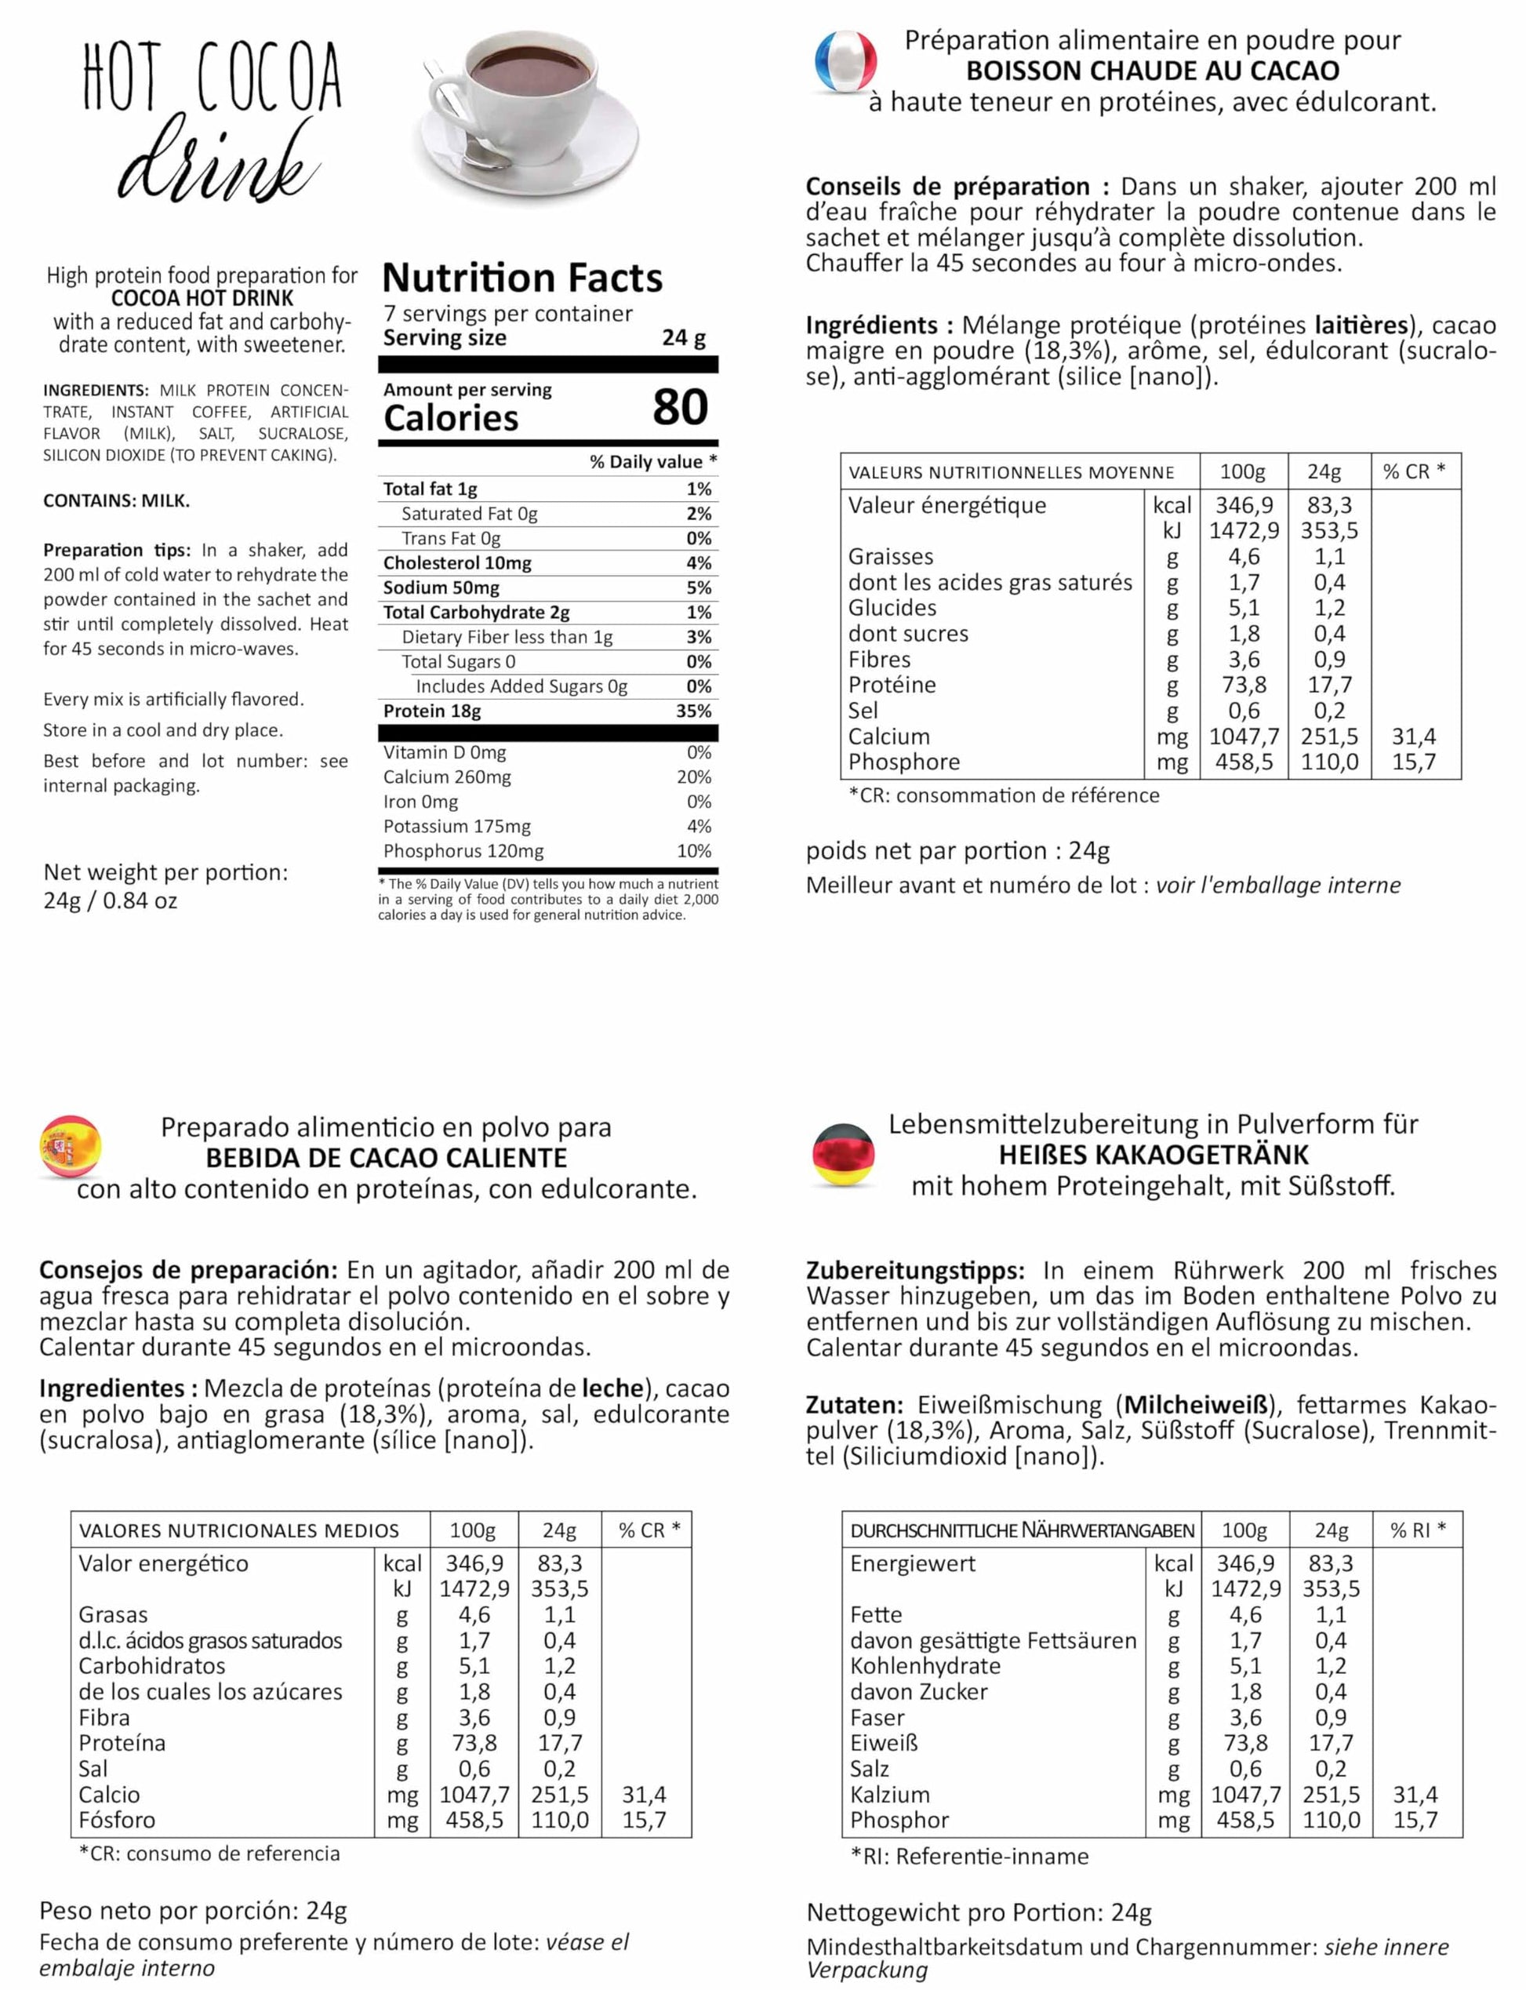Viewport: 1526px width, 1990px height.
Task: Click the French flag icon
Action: coord(845,62)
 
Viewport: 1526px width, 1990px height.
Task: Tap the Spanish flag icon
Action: coord(70,1147)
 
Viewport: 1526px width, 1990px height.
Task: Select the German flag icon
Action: coord(845,1153)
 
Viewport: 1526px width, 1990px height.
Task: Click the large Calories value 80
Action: coord(679,407)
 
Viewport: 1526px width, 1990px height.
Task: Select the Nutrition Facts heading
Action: coord(522,278)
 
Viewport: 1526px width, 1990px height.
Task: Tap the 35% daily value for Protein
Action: coord(693,711)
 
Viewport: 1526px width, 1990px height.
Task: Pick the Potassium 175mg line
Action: coord(456,826)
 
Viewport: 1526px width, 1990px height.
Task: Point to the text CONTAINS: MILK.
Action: coord(116,500)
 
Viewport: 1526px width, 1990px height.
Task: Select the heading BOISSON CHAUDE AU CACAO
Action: coord(1153,71)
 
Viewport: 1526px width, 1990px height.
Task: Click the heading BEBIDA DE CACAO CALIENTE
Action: coord(386,1159)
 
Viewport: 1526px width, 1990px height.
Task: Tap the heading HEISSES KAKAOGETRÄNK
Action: coord(1154,1155)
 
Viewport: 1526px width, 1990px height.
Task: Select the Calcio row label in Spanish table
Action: coord(109,1795)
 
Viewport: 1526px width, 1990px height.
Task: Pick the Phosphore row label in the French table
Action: coord(904,762)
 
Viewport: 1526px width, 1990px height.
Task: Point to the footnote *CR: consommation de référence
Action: coord(1004,795)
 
